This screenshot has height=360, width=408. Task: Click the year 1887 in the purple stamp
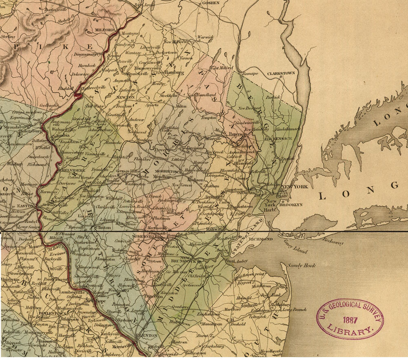tap(350, 318)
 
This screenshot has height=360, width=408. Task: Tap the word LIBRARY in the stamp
tap(352, 329)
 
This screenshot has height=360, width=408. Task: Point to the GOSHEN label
tap(210, 3)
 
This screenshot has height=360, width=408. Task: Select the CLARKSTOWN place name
tap(281, 73)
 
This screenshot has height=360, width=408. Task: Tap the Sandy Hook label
tap(302, 266)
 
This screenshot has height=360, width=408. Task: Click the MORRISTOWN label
tap(168, 172)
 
